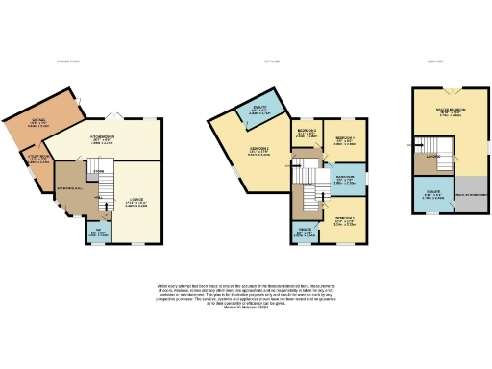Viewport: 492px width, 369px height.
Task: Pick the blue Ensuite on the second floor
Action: pos(433,197)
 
